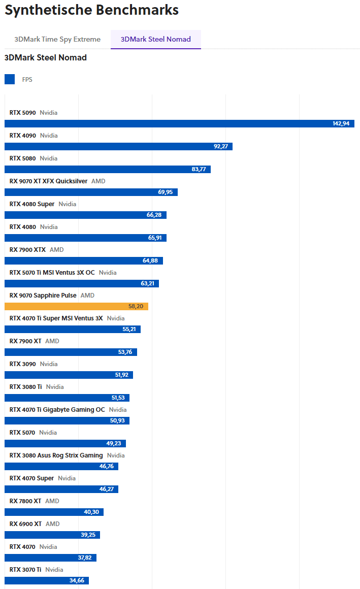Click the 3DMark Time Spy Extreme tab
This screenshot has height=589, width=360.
(x=57, y=39)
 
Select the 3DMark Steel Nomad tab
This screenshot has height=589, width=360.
(x=156, y=39)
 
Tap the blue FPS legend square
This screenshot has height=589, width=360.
(x=10, y=79)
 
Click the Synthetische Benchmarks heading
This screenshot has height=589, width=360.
(x=91, y=10)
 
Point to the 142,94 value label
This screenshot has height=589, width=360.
(x=341, y=123)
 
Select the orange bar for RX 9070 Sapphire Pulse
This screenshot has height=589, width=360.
(x=76, y=306)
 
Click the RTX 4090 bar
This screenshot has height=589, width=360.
(x=118, y=146)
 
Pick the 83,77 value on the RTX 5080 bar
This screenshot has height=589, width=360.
(x=199, y=169)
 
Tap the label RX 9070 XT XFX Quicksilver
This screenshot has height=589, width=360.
(x=48, y=181)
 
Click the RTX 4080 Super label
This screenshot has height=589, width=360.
(x=32, y=204)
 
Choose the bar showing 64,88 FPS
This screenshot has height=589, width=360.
(x=84, y=260)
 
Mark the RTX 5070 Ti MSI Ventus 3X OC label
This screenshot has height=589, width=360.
(x=52, y=272)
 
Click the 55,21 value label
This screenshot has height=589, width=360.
(x=129, y=329)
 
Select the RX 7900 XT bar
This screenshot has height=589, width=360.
(x=71, y=352)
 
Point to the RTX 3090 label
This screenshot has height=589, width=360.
(x=23, y=364)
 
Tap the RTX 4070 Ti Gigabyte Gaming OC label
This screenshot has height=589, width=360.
(x=57, y=409)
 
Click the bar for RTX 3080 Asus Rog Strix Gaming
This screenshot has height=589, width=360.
(x=61, y=466)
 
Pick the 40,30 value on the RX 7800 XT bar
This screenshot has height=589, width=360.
(x=91, y=512)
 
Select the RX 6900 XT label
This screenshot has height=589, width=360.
(x=25, y=523)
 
